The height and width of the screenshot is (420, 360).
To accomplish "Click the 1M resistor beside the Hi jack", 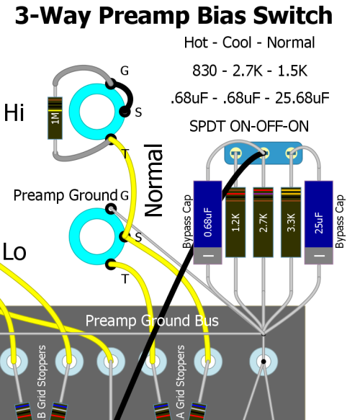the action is [55, 118].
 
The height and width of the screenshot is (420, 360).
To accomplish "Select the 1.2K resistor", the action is [235, 222].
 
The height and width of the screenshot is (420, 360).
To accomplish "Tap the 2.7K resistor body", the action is [264, 222].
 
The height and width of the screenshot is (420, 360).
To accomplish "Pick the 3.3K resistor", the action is [291, 222].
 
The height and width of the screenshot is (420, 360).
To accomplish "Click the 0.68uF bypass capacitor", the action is [207, 223].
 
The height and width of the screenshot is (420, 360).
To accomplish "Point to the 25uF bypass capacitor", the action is [319, 223].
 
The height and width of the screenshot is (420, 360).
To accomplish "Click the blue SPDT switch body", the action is [264, 153].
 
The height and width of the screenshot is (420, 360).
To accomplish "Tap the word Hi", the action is [14, 112].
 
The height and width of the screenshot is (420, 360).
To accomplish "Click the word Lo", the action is [14, 252].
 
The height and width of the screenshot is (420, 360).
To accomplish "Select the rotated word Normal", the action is [153, 180].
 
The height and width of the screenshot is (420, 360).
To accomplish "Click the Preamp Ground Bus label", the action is [152, 321].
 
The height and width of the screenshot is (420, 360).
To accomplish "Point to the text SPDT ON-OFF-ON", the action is [249, 126].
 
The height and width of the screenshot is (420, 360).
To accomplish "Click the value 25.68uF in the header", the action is [302, 98].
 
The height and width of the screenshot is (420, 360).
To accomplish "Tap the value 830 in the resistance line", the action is [204, 71].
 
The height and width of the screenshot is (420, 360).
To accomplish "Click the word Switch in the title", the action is [293, 15].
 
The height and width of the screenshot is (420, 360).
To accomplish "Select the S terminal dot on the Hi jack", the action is [125, 112].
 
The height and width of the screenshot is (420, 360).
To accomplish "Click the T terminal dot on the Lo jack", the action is [111, 264].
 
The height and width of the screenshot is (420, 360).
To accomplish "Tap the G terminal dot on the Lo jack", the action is [111, 209].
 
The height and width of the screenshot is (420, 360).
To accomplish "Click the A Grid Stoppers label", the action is [181, 382].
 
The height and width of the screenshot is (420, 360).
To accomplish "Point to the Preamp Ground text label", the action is [66, 195].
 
